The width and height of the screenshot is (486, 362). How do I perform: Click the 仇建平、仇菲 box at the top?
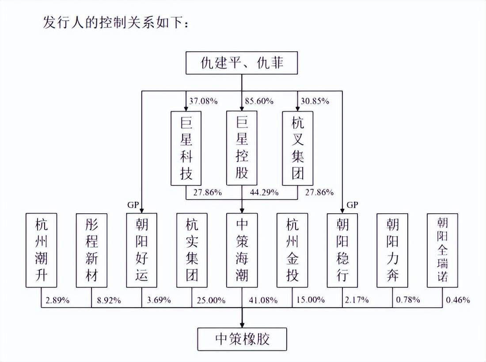coord(241,63)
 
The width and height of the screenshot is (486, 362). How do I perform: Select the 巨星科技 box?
coord(186,148)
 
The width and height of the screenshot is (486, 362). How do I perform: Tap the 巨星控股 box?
coord(242,148)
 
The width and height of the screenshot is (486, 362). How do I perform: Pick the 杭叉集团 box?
coord(297,148)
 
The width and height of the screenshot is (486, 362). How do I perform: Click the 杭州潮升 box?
coord(41,250)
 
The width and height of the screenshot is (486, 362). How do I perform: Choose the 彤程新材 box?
coord(91,250)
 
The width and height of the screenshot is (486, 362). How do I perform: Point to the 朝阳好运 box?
coord(142,250)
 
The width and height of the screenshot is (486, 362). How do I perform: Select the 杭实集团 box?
coord(192,250)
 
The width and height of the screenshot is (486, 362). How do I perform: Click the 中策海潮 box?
coord(242,250)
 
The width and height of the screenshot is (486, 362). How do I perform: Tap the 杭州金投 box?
coord(292,250)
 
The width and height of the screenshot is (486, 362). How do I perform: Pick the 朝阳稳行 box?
coord(342,250)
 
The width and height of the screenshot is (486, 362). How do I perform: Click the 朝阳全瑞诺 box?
coord(442,250)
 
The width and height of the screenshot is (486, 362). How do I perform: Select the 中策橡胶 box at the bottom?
coord(242,339)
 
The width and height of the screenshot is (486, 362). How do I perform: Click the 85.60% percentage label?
coord(259,101)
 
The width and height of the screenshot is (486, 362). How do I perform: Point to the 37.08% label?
coord(203,101)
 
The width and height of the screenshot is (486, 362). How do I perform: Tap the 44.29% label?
coord(264,192)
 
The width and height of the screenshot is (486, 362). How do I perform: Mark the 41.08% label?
coord(263,300)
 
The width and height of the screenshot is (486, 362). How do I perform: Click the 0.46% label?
coord(458,300)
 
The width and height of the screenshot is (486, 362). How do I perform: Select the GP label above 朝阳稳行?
coord(352,205)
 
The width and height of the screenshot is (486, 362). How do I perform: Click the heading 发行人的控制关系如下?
coord(115,23)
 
